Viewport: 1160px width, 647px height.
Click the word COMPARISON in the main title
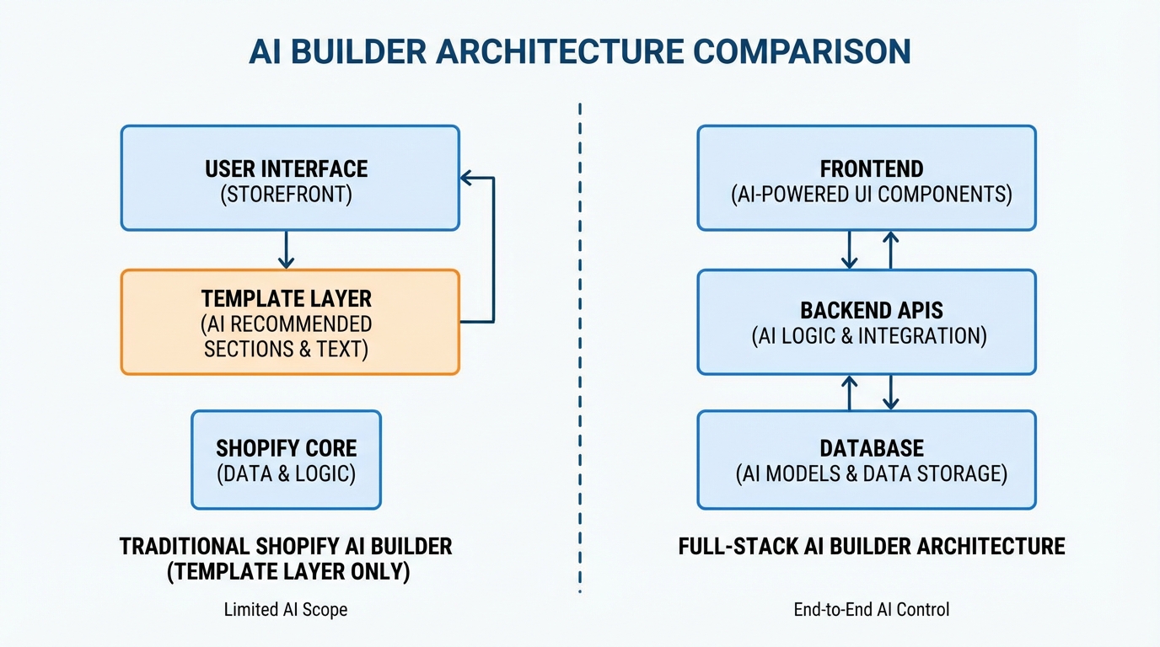pos(802,51)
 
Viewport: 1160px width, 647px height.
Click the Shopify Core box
pos(286,460)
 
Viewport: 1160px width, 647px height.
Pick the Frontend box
pos(867,179)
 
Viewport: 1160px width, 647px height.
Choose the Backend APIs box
pos(867,322)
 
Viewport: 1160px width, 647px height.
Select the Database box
pos(867,460)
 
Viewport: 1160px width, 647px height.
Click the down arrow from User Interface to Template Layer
pos(286,249)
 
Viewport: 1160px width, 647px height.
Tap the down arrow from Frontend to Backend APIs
pos(850,249)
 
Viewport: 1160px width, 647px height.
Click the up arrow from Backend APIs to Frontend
pos(891,249)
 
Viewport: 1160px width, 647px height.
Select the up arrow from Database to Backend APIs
pos(850,393)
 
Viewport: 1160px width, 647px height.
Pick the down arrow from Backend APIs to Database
pos(891,393)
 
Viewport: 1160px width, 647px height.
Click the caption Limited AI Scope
pos(286,609)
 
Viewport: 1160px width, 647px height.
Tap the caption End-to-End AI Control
pos(872,609)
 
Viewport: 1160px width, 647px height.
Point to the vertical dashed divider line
pos(580,337)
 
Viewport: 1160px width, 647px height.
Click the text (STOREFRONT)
pos(286,195)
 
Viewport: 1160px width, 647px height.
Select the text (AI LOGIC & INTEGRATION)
pos(868,336)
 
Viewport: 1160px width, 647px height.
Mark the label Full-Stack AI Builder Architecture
pos(872,547)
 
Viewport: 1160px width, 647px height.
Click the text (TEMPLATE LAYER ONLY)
pos(287,572)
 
